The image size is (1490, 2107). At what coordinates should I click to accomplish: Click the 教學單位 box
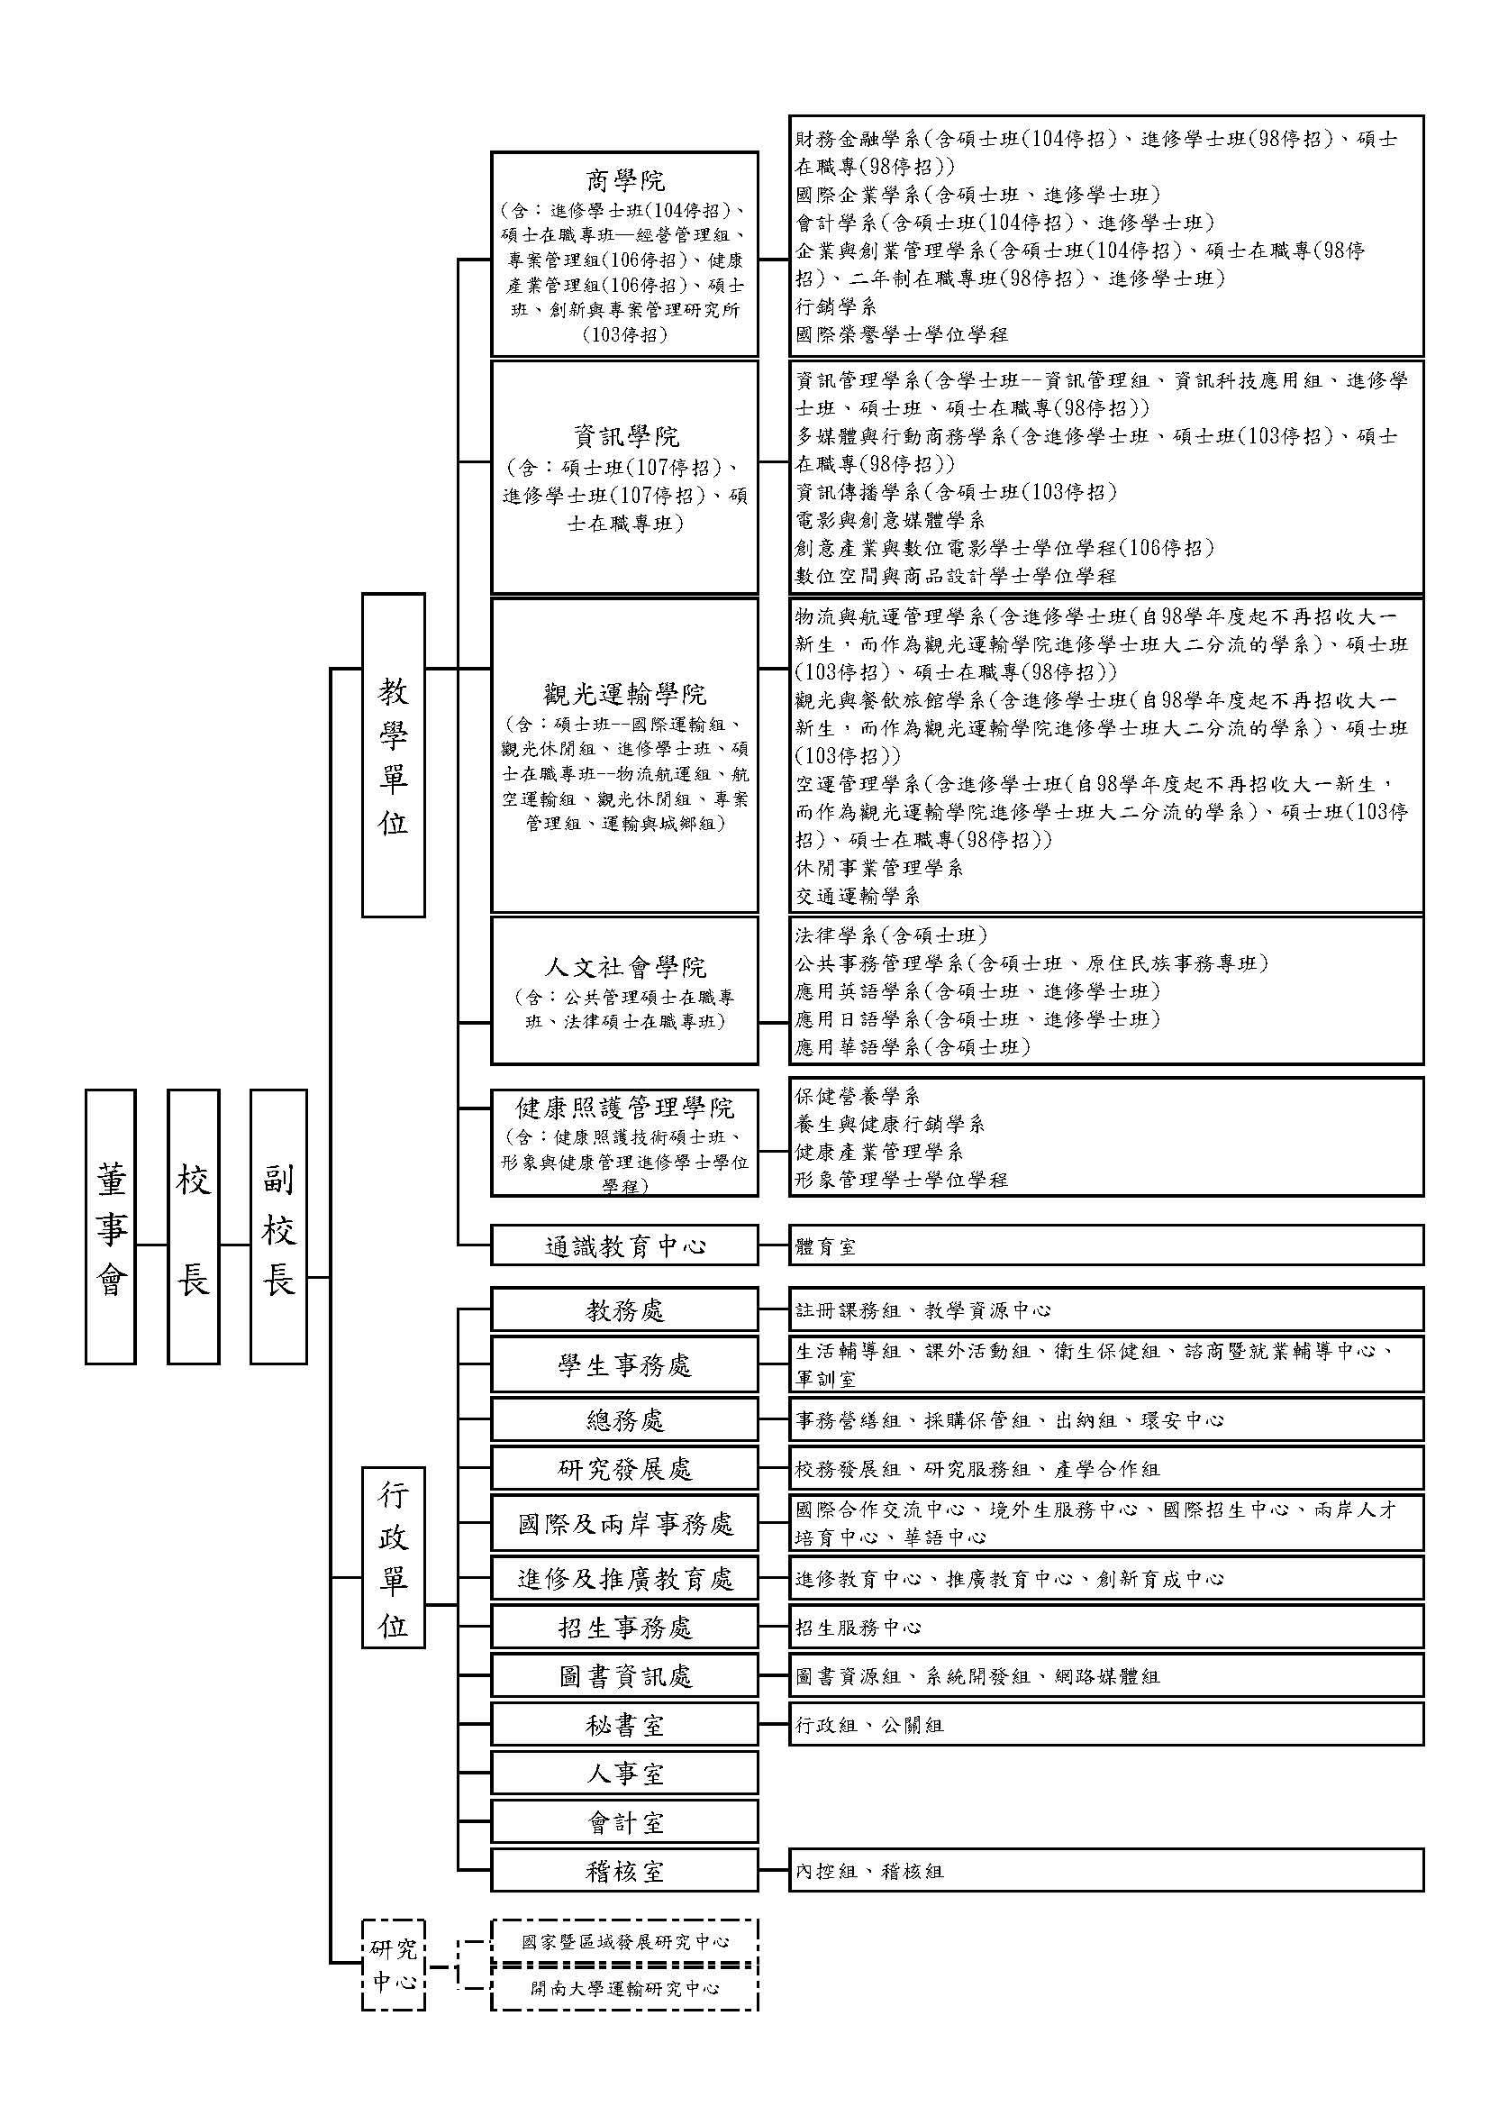393,754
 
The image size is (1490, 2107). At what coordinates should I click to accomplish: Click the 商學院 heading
625,179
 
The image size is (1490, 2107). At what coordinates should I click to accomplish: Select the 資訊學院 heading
625,435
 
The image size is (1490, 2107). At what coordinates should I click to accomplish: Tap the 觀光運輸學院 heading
625,693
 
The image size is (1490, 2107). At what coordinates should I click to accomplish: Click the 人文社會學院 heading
625,967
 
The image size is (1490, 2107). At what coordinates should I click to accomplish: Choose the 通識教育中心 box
625,1245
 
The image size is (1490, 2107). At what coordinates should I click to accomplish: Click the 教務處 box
625,1309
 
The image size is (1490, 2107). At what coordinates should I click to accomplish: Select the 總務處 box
625,1419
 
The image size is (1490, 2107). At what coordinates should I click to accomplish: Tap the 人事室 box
625,1774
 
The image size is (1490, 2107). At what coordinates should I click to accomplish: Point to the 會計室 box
625,1822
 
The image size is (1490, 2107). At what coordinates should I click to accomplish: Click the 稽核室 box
625,1871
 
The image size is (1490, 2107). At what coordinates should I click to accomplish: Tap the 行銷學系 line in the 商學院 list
836,306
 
